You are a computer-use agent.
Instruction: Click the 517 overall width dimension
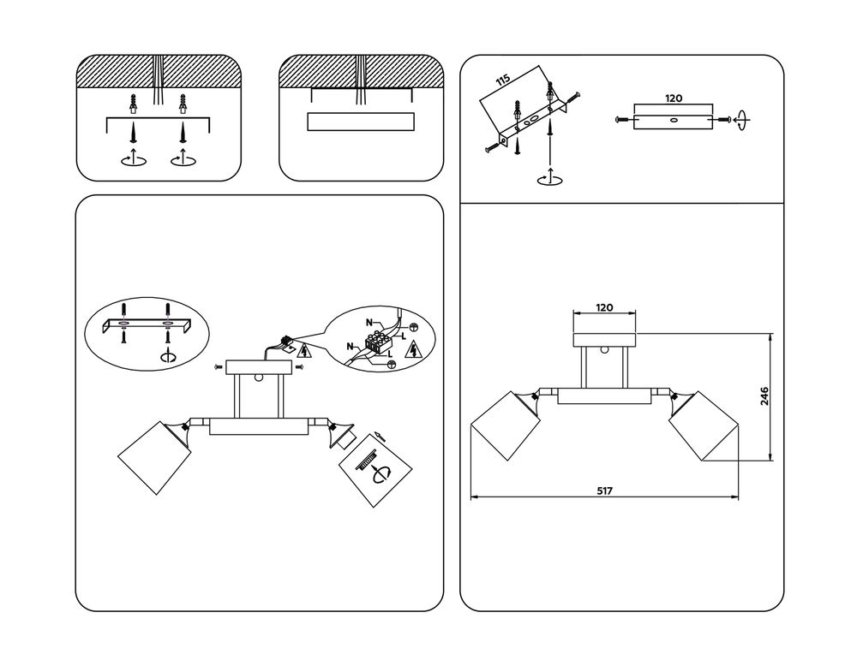tap(604, 491)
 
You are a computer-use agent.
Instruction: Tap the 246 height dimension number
tap(764, 395)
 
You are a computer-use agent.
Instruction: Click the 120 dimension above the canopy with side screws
tap(674, 98)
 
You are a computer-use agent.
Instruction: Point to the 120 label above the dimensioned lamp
tap(604, 308)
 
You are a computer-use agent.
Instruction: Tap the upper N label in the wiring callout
tap(370, 323)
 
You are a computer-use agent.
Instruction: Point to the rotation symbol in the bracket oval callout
tap(169, 357)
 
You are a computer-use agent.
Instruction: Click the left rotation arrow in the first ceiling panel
tap(132, 159)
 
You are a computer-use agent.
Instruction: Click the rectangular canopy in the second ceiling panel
tap(361, 122)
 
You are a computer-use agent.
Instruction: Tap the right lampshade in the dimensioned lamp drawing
tap(704, 425)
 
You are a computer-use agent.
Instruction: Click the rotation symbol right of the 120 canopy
tap(741, 121)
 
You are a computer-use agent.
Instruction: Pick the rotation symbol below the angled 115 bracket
tap(548, 178)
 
